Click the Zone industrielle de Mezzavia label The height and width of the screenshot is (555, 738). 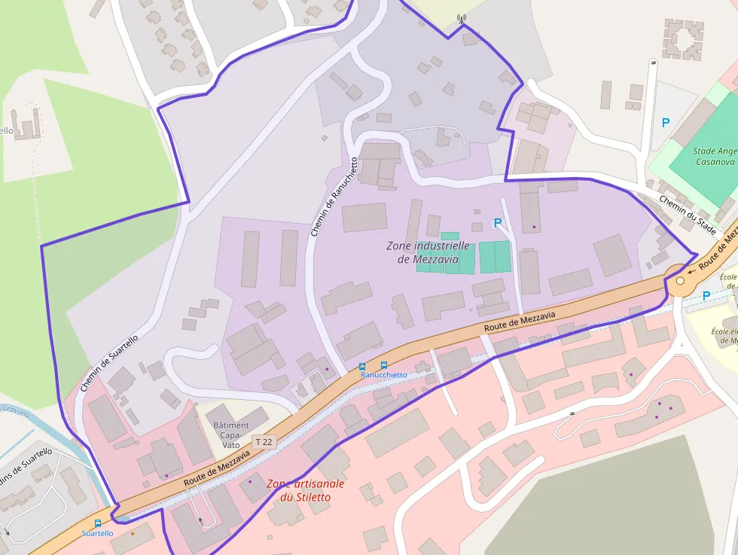click(428, 252)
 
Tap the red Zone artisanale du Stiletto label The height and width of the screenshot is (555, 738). click(306, 490)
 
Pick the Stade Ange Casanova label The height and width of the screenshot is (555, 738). click(714, 157)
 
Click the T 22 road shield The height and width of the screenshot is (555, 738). click(264, 442)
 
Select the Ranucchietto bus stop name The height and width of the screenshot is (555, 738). click(383, 374)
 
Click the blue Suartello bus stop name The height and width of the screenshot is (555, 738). click(97, 533)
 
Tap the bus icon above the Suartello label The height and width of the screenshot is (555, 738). click(97, 523)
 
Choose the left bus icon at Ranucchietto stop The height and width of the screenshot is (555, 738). click(362, 366)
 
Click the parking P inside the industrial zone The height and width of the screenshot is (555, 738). click(497, 223)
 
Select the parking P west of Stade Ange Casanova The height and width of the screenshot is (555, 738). click(665, 123)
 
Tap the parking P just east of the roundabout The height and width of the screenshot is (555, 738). click(706, 296)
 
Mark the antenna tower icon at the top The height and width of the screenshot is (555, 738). click(462, 19)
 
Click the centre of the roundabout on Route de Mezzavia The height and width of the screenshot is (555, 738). click(681, 281)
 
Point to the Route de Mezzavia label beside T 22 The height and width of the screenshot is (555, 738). click(217, 468)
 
